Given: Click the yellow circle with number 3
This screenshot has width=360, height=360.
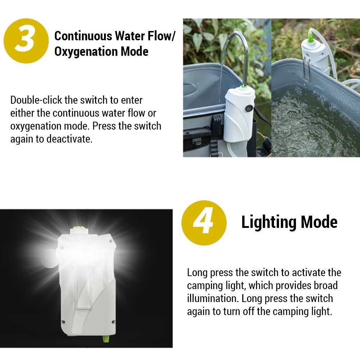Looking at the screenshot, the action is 26,41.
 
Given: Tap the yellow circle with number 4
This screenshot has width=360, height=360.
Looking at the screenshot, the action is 204,223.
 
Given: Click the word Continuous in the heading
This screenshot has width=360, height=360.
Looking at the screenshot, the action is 83,36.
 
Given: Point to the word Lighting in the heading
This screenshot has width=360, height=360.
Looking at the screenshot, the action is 269,222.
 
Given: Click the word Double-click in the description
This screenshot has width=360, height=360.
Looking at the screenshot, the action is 36,100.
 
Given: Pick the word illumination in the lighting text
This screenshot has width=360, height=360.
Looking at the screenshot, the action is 213,298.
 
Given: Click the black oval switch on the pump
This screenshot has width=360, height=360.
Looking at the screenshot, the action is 249,108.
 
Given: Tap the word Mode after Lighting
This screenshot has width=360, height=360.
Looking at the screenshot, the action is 319,222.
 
